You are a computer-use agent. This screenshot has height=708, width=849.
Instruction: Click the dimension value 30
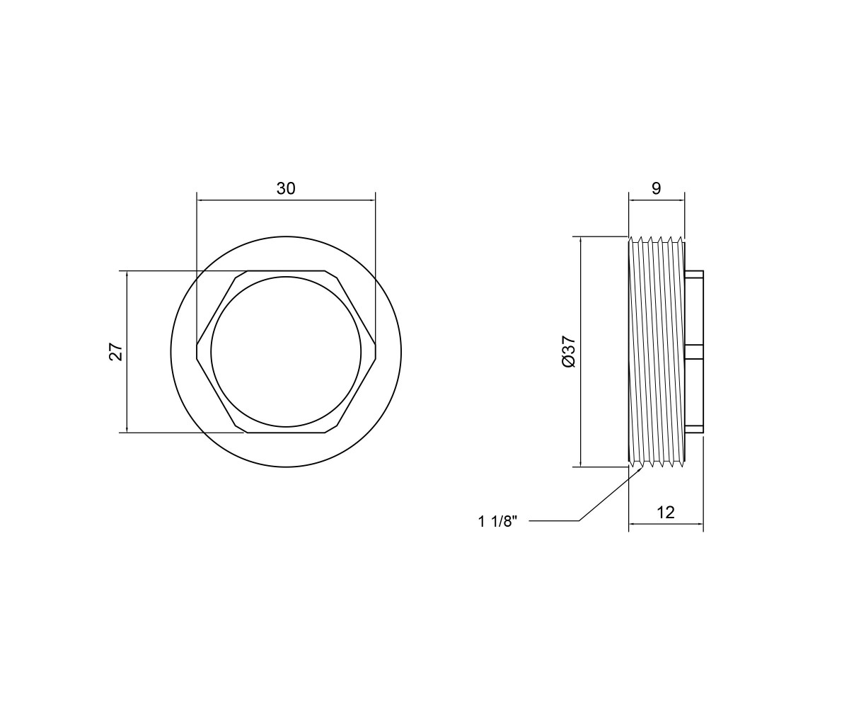[286, 189]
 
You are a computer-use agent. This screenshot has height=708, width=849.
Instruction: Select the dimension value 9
[657, 189]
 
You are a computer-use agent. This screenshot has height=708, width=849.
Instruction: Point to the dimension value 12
[666, 513]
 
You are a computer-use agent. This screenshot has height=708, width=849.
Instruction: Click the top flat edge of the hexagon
[286, 270]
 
